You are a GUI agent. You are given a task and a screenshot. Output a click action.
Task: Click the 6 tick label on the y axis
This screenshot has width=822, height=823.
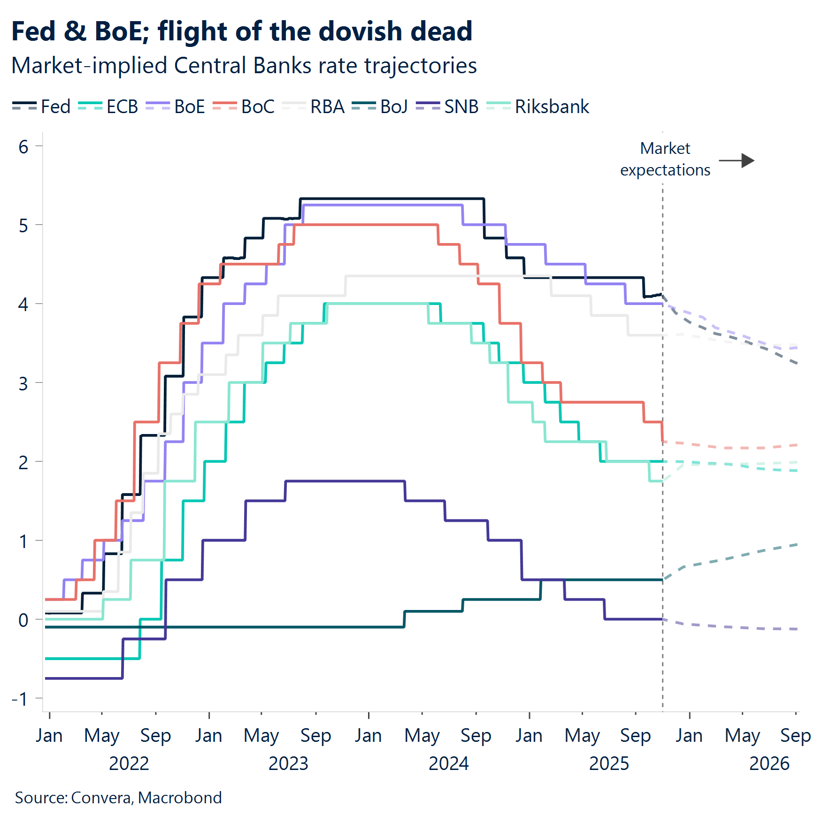[23, 147]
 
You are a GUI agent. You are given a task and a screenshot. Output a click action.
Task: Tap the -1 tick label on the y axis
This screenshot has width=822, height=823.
[20, 699]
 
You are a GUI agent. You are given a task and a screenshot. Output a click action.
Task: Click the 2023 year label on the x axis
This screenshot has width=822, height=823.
[288, 764]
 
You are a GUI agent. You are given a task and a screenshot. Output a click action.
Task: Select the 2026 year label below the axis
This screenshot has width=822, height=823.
[769, 764]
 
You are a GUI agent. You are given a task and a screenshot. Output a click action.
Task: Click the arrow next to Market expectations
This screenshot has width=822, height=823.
[737, 160]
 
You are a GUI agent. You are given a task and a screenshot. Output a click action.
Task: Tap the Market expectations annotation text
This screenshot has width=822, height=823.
[665, 159]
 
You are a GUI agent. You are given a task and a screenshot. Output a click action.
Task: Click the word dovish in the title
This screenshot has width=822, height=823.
[359, 31]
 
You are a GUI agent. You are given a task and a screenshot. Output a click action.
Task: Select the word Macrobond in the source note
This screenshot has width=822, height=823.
[180, 798]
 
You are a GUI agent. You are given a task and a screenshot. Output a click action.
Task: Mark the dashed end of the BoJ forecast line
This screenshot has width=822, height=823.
[796, 545]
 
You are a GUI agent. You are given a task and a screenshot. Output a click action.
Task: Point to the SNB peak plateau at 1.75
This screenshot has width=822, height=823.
[345, 481]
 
